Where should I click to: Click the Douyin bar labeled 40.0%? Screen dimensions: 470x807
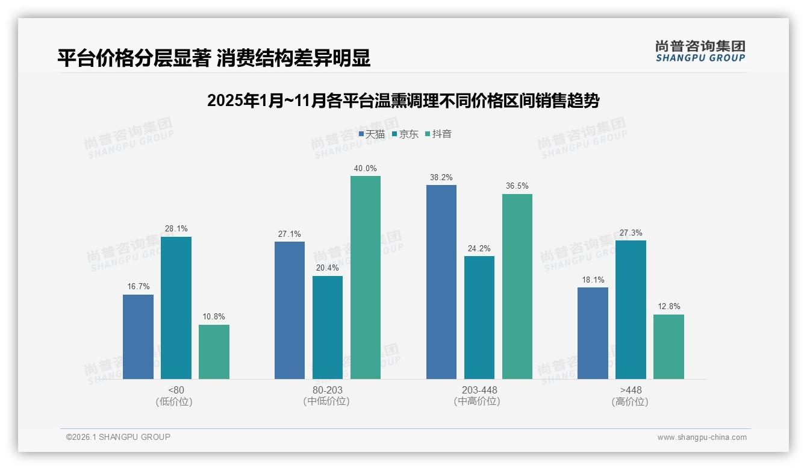(366, 277)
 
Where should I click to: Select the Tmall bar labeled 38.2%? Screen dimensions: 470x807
(441, 282)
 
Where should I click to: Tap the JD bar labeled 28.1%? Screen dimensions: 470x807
(176, 308)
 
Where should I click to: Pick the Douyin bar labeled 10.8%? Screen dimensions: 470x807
(214, 352)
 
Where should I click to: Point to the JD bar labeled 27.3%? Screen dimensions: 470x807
(631, 310)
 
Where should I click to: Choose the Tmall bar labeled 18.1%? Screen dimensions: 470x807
(593, 333)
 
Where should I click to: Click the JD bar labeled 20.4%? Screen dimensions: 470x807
(328, 327)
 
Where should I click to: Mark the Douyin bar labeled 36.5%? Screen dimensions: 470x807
(517, 286)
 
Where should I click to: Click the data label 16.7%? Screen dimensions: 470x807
(138, 286)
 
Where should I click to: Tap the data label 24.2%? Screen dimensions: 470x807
(479, 248)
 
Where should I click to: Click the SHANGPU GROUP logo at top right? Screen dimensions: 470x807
(700, 51)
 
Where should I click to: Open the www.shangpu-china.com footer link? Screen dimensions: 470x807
(702, 437)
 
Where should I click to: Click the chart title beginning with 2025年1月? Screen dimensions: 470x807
(403, 101)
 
